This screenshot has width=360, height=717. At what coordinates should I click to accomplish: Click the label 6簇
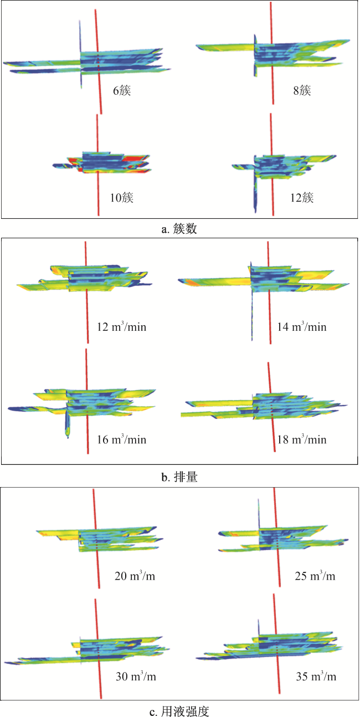click(122, 90)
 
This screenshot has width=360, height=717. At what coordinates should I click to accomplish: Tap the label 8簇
click(302, 90)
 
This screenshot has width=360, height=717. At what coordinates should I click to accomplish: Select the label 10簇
click(122, 197)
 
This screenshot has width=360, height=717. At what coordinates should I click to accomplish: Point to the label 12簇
click(302, 197)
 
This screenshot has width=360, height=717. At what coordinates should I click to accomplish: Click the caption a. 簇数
click(179, 229)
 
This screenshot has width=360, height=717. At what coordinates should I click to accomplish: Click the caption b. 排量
click(179, 477)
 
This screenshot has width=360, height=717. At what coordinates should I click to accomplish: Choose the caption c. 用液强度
click(179, 711)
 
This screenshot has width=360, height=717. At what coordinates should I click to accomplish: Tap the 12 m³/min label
click(122, 326)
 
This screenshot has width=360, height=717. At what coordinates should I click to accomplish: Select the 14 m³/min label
click(302, 326)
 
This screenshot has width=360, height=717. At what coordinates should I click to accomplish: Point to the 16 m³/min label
click(122, 439)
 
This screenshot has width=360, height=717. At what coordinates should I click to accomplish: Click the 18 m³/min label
click(302, 439)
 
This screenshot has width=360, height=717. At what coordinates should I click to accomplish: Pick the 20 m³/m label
click(135, 576)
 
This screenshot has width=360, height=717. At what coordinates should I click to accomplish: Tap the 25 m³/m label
click(315, 576)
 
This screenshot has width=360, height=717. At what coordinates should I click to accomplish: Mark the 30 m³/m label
click(136, 677)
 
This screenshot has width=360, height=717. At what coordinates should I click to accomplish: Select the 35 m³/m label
click(316, 677)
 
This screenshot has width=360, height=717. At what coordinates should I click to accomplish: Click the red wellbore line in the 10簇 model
click(97, 165)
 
